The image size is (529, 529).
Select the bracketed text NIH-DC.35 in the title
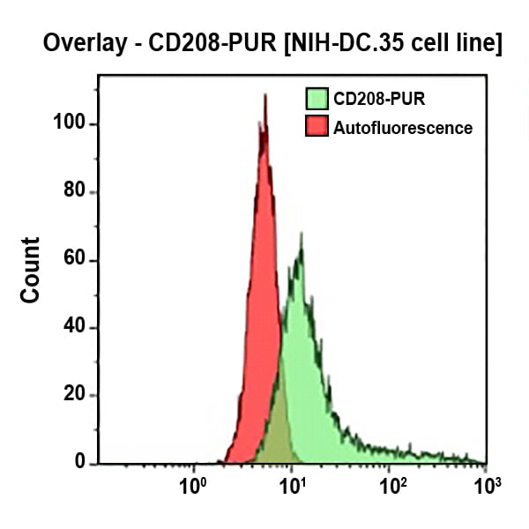343,43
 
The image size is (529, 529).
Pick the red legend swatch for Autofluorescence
316,128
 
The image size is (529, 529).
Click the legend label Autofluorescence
402,128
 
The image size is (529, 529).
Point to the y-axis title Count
31,270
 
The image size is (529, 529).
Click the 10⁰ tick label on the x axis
193,485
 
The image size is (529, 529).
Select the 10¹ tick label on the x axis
293,485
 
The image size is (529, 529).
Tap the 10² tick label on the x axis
391,485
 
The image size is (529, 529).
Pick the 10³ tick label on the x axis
486,485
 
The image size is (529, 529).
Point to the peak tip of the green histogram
301,234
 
